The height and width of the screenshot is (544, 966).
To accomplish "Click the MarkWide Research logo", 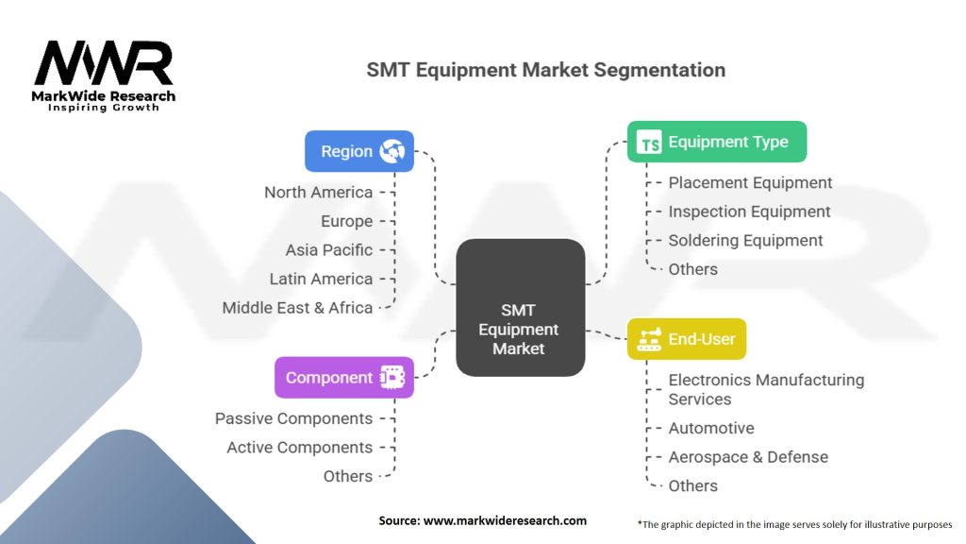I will tap(104, 76).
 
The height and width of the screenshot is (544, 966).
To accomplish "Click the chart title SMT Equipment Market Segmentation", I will tap(545, 70).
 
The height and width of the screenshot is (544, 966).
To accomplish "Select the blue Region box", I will tap(358, 151).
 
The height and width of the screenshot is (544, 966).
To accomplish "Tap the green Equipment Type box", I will tap(716, 142).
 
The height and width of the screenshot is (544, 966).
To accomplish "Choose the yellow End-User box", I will tap(686, 338).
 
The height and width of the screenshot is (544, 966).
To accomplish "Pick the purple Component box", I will tap(343, 377).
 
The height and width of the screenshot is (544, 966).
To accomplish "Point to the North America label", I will tap(318, 193).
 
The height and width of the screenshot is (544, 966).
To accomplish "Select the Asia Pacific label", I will tap(328, 250).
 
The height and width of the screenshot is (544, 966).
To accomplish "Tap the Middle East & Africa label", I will tap(297, 308).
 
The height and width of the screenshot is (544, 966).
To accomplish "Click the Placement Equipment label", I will tap(750, 182).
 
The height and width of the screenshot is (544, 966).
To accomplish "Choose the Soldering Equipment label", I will tap(745, 240).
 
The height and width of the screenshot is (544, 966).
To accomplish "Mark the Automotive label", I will tap(711, 428).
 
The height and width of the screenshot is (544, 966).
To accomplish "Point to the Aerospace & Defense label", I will tap(748, 457).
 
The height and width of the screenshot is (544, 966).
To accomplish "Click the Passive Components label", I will tap(293, 418).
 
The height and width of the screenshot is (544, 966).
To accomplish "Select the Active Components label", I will tap(299, 448).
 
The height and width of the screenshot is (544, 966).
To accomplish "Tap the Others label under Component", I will tap(347, 476).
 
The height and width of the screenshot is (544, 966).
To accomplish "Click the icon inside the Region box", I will tap(391, 151).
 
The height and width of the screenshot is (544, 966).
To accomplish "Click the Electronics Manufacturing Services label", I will tap(765, 389).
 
